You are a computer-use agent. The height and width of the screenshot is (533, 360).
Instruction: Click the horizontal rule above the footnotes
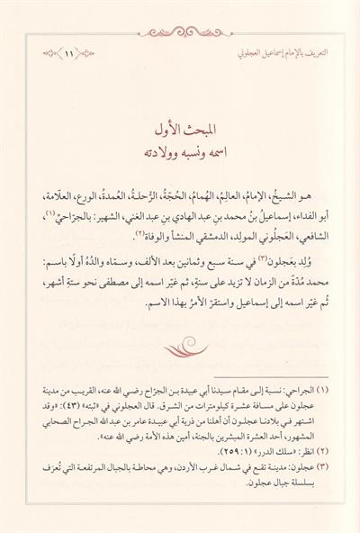pyautogui.click(x=270, y=379)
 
